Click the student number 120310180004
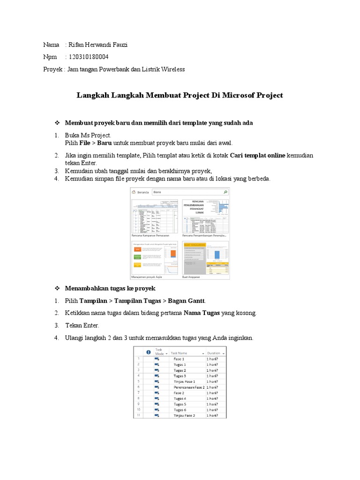(x=89, y=57)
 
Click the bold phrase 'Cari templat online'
(x=257, y=155)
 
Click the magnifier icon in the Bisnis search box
(x=225, y=192)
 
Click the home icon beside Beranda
(x=134, y=192)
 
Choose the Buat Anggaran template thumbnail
(x=206, y=258)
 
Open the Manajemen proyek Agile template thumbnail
(x=154, y=258)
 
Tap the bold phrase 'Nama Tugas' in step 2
(x=202, y=313)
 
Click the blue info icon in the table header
(x=148, y=352)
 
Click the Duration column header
(x=214, y=353)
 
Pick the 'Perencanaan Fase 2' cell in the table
(x=188, y=387)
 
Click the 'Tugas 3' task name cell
(x=180, y=376)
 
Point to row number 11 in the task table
(x=138, y=415)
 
